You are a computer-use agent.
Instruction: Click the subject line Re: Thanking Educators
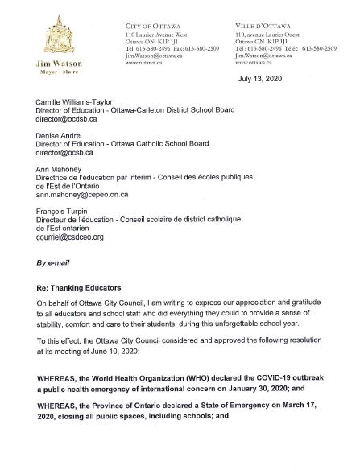click(x=82, y=298)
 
